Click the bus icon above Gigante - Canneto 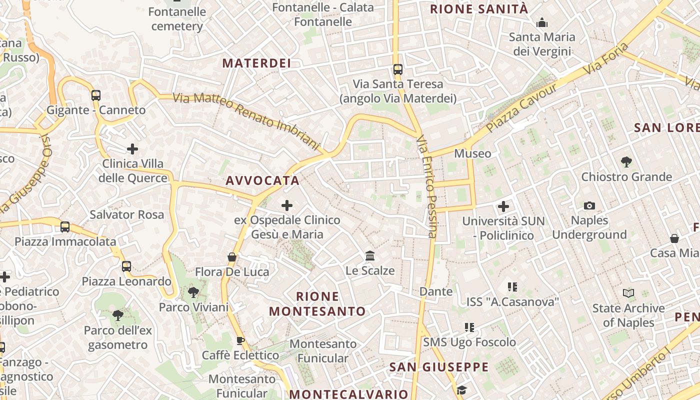tap(95, 95)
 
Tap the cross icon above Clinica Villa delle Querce tap(132, 148)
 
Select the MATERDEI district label tap(256, 63)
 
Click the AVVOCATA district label tap(262, 180)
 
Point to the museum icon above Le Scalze tap(370, 256)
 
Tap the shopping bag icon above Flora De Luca tap(232, 257)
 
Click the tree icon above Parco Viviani tap(193, 292)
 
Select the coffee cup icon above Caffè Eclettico tap(240, 341)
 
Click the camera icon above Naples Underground tap(589, 205)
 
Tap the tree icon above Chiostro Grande tap(626, 162)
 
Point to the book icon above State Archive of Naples tap(628, 293)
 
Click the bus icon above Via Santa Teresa tap(398, 69)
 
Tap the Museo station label tap(472, 153)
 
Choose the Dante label tap(436, 291)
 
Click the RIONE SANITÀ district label tap(478, 9)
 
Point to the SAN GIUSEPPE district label tap(439, 367)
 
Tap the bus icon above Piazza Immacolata tap(65, 227)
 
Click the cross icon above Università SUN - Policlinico tap(503, 206)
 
